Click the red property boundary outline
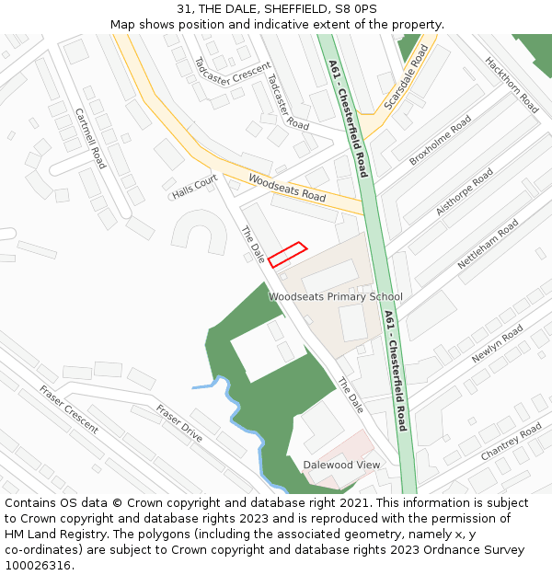[287, 255]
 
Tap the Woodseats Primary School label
[336, 296]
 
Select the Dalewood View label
[341, 465]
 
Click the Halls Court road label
[194, 187]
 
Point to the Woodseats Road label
[287, 189]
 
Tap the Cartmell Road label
[91, 139]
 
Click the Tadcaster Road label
[287, 100]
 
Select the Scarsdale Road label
[406, 79]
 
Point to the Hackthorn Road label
[512, 85]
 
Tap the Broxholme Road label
[440, 140]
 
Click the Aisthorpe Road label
[465, 192]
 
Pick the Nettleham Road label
[488, 244]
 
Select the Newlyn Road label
[497, 343]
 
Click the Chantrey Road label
[512, 443]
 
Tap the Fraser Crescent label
[69, 409]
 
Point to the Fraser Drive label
[178, 423]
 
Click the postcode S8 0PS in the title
[359, 8]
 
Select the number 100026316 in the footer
[37, 565]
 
